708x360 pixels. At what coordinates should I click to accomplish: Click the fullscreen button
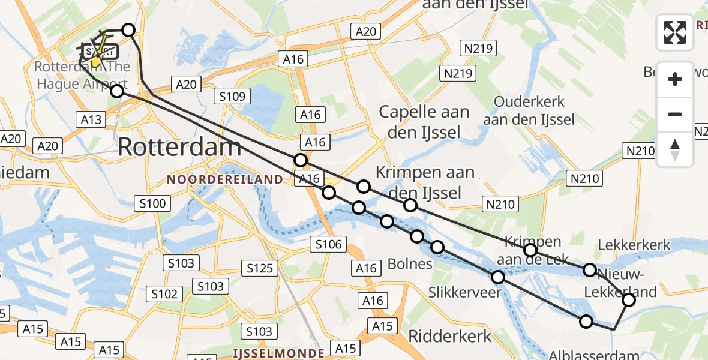tap(675, 32)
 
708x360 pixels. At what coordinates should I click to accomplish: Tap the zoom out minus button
tap(675, 114)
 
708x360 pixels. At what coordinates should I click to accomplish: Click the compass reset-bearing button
tap(675, 149)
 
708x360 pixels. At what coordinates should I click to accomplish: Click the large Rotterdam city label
tap(180, 146)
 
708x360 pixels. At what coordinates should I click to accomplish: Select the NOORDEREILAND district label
tap(225, 179)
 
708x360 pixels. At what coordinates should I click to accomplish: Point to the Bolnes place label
tap(410, 263)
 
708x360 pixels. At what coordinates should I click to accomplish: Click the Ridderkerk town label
tap(450, 336)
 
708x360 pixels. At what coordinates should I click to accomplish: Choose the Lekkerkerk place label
tap(634, 245)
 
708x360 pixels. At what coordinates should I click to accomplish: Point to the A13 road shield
tap(91, 119)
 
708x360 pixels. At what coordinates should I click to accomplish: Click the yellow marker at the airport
tap(95, 61)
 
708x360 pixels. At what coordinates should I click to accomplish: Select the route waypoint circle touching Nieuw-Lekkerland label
tap(628, 299)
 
